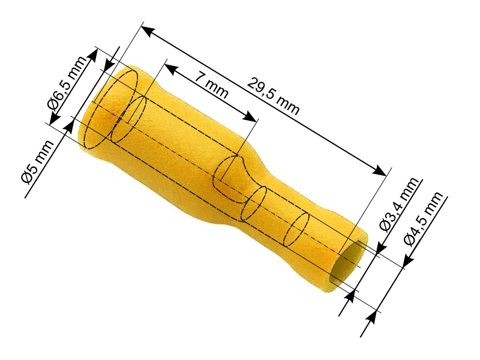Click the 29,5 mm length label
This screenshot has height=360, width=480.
[273, 96]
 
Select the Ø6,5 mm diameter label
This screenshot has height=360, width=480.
[67, 83]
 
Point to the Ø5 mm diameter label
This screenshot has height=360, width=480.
[37, 162]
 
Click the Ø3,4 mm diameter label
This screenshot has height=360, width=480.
[398, 204]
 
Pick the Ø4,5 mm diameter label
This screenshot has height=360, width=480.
[424, 218]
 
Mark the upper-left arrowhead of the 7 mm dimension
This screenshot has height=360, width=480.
[170, 69]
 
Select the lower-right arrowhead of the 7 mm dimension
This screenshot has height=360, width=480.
[249, 116]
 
